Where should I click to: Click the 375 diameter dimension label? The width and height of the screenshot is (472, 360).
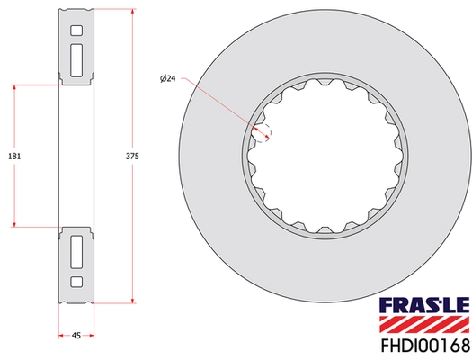(x=132, y=156)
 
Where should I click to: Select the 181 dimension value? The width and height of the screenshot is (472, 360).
(x=13, y=156)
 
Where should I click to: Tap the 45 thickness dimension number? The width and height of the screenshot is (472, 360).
(x=76, y=335)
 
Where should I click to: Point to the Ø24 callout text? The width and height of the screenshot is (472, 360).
(x=166, y=80)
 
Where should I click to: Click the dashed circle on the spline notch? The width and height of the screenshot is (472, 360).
(x=263, y=132)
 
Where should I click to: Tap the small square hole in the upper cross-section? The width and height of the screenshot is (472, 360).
(x=76, y=31)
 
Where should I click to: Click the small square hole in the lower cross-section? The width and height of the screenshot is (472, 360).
(x=76, y=282)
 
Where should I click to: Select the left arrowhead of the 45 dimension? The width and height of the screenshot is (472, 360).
(x=61, y=335)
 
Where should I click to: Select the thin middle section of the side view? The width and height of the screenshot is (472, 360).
(x=76, y=156)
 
